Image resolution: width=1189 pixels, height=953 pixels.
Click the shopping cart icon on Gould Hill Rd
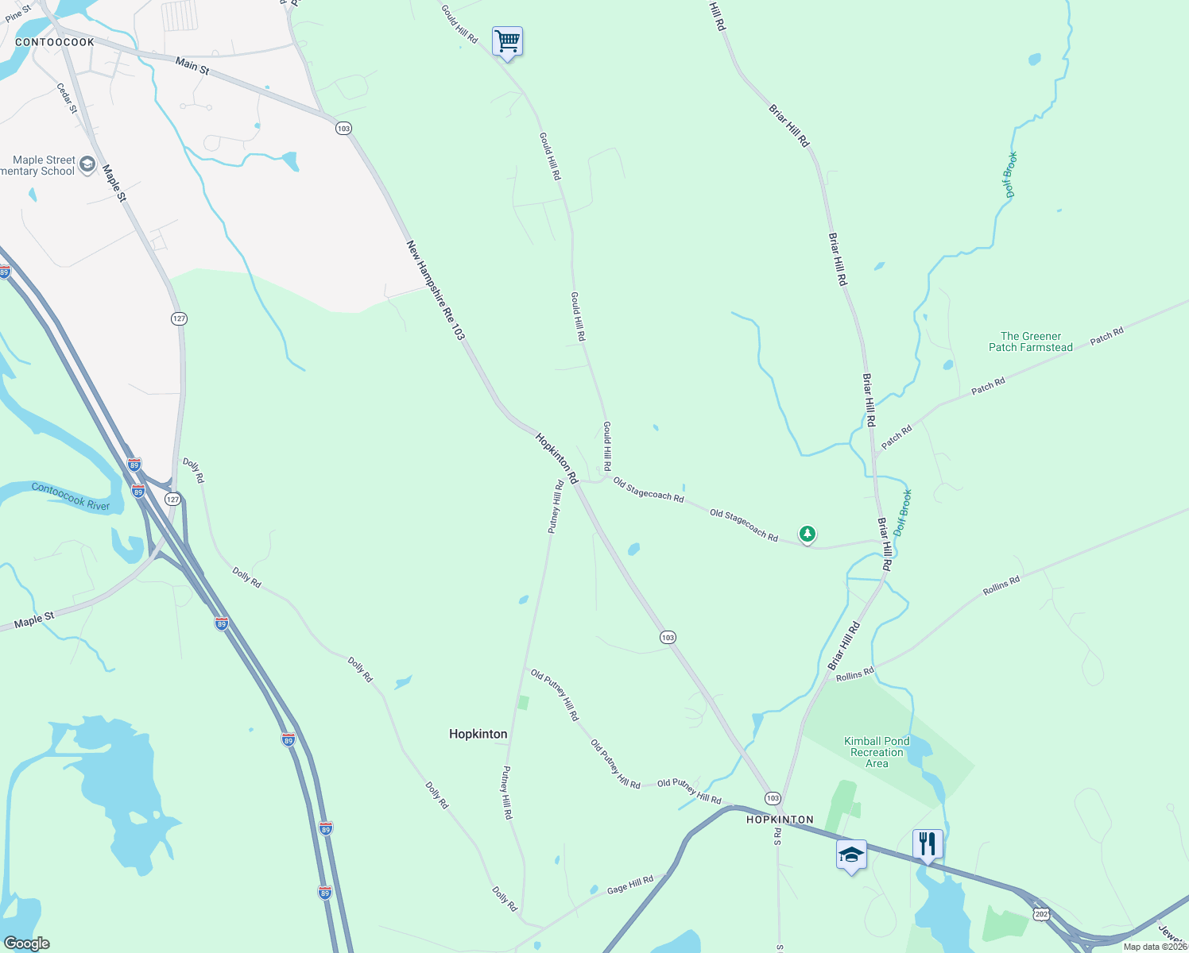pyautogui.click(x=507, y=41)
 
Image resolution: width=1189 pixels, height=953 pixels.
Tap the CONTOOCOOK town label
pyautogui.click(x=55, y=42)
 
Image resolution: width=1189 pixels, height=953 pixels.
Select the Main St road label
pyautogui.click(x=192, y=66)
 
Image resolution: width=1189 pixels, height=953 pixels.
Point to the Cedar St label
pyautogui.click(x=68, y=98)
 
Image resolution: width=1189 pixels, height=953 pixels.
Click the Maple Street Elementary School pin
pyautogui.click(x=87, y=165)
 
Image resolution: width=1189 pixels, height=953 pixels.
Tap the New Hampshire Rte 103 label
pyautogui.click(x=435, y=291)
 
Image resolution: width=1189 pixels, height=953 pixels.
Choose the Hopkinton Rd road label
pyautogui.click(x=556, y=458)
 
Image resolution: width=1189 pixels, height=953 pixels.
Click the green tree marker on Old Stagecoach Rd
pyautogui.click(x=808, y=534)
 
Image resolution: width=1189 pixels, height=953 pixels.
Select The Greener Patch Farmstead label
pyautogui.click(x=1030, y=341)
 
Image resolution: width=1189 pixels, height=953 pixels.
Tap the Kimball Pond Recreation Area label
pyautogui.click(x=877, y=752)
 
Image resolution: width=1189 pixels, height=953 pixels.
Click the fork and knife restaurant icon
pyautogui.click(x=927, y=844)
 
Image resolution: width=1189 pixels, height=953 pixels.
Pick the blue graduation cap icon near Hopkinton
pyautogui.click(x=850, y=855)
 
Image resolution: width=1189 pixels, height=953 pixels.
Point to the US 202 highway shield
pyautogui.click(x=1041, y=914)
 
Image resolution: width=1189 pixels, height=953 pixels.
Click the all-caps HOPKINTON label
pyautogui.click(x=780, y=819)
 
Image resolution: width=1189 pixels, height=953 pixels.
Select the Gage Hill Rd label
pyautogui.click(x=630, y=884)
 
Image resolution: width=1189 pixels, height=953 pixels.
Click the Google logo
pyautogui.click(x=26, y=943)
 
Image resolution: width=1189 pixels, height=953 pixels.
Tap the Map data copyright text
pyautogui.click(x=1155, y=946)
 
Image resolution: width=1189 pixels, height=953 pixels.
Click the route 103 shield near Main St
pyautogui.click(x=343, y=128)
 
